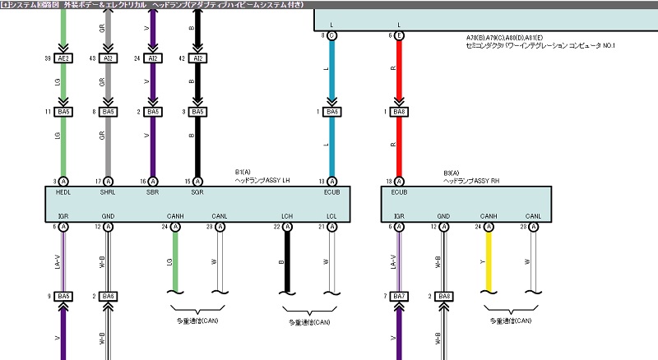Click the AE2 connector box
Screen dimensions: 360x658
(64, 59)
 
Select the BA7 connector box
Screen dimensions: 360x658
(399, 296)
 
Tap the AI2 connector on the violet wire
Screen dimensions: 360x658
(153, 59)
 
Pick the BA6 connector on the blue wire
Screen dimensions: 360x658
(332, 112)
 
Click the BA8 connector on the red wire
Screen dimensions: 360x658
(399, 112)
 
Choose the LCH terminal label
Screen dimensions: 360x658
(286, 215)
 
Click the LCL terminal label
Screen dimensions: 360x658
(331, 215)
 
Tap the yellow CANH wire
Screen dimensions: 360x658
(489, 259)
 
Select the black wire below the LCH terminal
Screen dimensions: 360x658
(287, 261)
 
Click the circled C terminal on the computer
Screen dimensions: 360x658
(332, 36)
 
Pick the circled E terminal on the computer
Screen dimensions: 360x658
(399, 36)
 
